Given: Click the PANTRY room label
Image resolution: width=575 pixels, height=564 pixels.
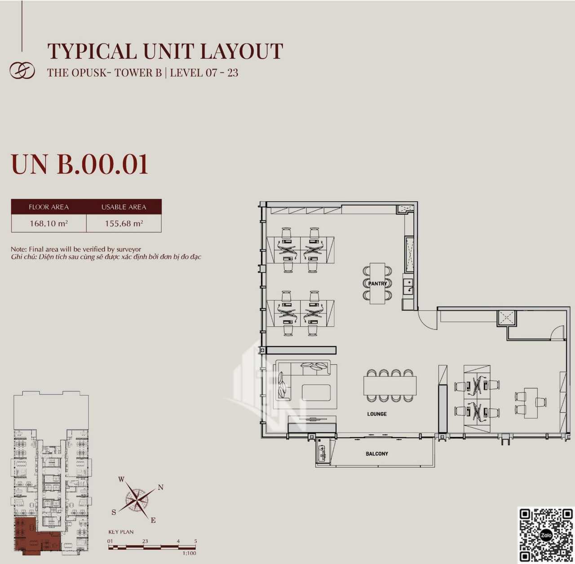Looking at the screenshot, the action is coord(377,284).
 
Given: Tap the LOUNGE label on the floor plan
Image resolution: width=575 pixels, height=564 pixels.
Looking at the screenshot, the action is coord(377,414).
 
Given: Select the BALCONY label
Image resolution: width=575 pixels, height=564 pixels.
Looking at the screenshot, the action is coord(377,454).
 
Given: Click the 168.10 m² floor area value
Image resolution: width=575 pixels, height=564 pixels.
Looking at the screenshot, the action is coord(49,223).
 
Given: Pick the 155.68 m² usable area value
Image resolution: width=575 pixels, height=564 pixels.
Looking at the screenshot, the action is coord(124,223).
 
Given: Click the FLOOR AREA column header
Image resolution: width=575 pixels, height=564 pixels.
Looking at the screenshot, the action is coord(49,207).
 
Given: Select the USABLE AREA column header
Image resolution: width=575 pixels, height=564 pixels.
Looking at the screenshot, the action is coord(124,207).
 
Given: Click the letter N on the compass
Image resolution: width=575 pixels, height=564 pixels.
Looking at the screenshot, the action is coord(160,488).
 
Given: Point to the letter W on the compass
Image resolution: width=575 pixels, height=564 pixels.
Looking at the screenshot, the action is coord(121,480).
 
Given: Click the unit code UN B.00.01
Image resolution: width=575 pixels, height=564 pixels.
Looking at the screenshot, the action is coord(80,164).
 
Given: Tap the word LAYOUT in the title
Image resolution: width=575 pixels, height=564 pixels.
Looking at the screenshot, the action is coord(241,51).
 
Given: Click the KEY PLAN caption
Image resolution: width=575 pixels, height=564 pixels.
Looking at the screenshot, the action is coord(121,532).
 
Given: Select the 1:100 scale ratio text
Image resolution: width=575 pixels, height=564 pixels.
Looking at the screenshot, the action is coord(189,553).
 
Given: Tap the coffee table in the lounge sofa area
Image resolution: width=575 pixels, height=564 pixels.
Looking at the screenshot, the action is coord(316,393).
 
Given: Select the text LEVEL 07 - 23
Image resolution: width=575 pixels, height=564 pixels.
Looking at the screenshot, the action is coord(204,73).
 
